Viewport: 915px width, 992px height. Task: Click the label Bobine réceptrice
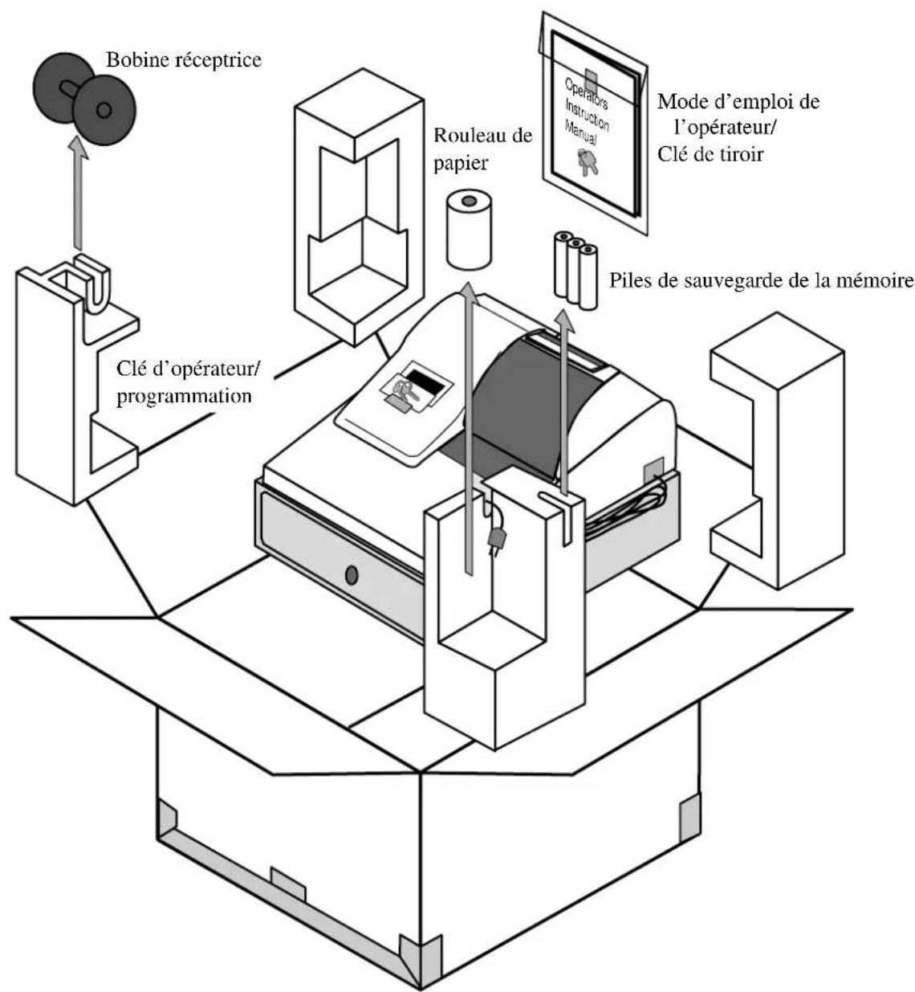[x=184, y=60]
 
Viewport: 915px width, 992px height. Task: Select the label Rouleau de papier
[x=482, y=149]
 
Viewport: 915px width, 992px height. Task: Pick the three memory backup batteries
[x=575, y=270]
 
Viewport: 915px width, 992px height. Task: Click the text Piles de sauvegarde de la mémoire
[x=761, y=280]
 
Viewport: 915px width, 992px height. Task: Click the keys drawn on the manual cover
[x=588, y=161]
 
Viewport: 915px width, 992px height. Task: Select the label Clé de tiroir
[x=710, y=154]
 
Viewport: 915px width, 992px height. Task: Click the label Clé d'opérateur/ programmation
[x=188, y=382]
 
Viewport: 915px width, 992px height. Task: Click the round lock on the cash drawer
[x=352, y=575]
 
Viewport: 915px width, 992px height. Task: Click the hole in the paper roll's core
[x=469, y=201]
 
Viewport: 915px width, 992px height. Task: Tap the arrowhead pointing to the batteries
[x=565, y=320]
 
